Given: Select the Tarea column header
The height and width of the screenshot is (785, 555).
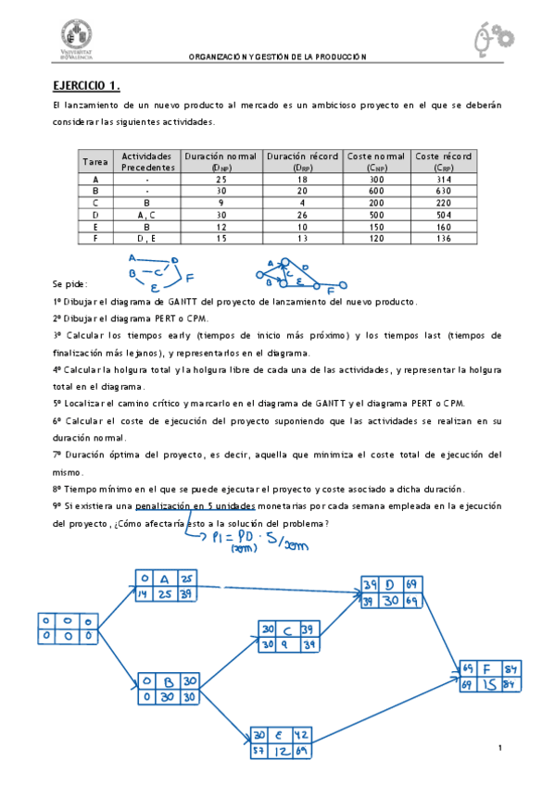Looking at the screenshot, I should [95, 162].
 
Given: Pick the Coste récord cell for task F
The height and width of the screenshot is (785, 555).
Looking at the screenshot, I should [442, 238].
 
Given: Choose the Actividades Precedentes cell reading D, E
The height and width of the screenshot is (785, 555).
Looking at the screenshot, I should [146, 238].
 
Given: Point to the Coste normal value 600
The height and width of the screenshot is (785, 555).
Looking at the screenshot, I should [375, 190].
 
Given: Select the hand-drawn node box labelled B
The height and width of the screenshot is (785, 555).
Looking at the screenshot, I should [167, 689].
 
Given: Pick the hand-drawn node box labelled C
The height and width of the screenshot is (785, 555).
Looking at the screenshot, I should [290, 636].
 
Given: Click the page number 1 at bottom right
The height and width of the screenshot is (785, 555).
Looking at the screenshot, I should [499, 747].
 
